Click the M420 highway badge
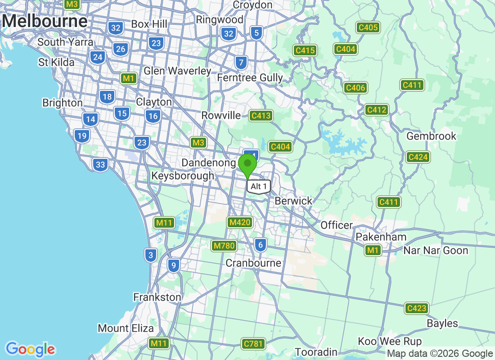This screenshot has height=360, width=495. point(240,222)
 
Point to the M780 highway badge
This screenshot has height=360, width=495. point(224,246)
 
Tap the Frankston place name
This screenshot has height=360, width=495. point(157,297)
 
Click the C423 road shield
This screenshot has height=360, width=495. point(416,308)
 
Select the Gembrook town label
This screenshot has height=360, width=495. point(431,136)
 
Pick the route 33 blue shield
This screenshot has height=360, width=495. point(100,165)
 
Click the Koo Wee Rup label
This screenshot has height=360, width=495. point(390,341)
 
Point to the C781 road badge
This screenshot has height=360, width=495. point(252,344)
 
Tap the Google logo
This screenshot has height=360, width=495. point(31,349)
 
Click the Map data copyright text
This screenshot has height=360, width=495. point(440,354)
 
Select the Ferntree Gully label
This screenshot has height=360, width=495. point(250,78)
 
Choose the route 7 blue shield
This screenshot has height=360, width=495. point(242,62)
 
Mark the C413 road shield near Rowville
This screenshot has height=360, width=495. point(261,116)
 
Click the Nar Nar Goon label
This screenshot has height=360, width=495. point(436,250)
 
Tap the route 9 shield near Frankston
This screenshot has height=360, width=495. point(174,265)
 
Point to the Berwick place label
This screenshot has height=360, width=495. point(293,201)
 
